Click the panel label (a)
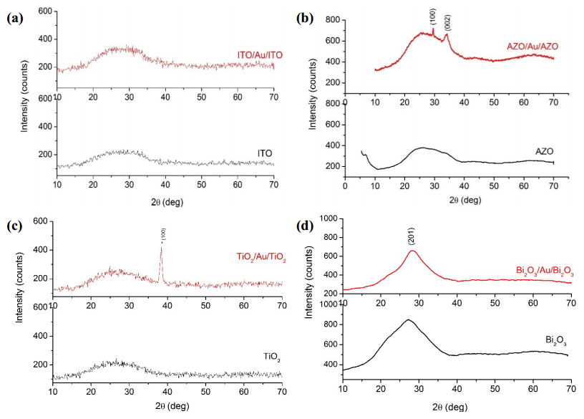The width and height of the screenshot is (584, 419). click(x=16, y=19)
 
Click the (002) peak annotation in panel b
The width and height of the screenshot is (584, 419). click(x=447, y=22)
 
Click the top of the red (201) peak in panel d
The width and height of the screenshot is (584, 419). click(x=412, y=250)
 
